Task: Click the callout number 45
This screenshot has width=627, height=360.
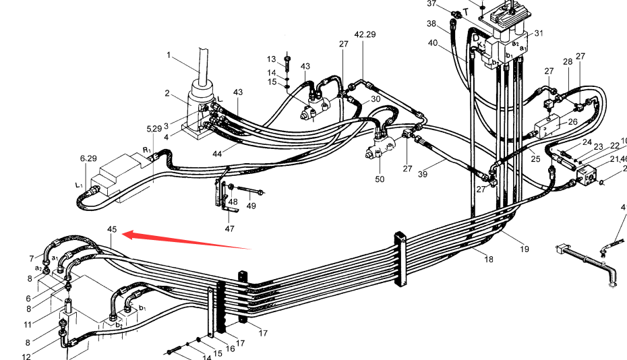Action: click(112, 230)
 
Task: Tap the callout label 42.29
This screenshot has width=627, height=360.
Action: click(365, 34)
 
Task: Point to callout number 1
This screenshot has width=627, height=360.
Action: click(169, 56)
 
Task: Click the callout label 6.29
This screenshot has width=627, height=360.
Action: click(88, 158)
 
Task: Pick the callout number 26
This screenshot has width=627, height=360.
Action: click(573, 122)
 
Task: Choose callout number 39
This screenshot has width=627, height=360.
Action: click(423, 175)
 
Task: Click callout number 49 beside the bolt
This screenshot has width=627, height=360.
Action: click(251, 206)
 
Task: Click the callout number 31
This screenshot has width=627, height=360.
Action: click(539, 34)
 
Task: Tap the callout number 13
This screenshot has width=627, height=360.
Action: click(272, 59)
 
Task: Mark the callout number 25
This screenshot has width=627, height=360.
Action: click(536, 159)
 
